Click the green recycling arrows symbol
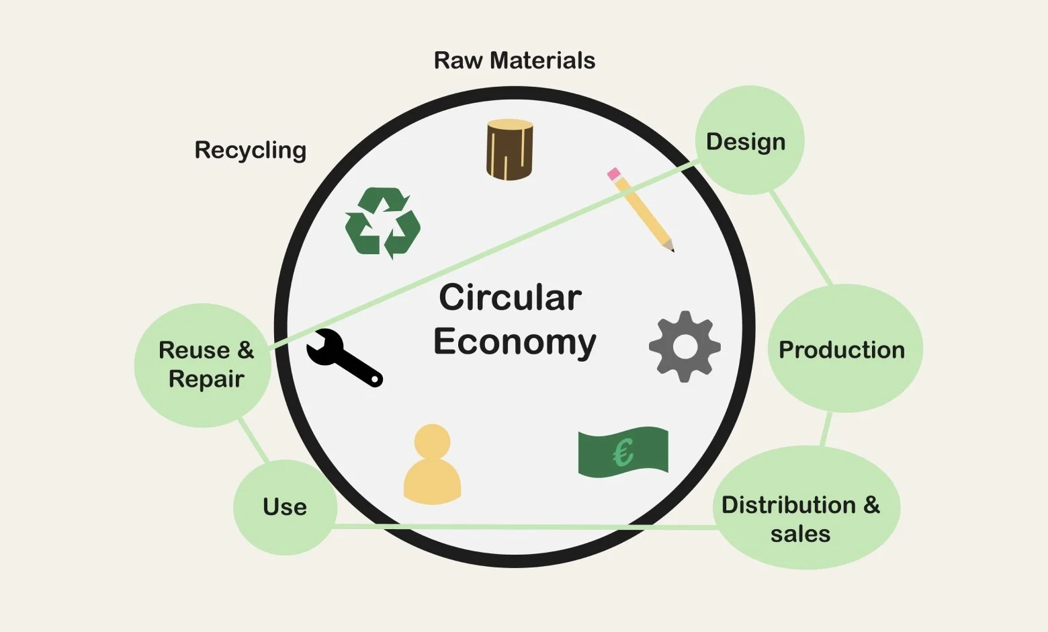click(x=382, y=223)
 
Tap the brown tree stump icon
click(x=509, y=149)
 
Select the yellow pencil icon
click(x=642, y=210)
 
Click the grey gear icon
click(x=685, y=346)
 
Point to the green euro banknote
click(x=623, y=452)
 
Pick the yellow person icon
click(x=432, y=465)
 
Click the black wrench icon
click(x=343, y=358)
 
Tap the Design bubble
click(x=748, y=141)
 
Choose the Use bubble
click(x=285, y=507)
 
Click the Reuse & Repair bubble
click(x=204, y=364)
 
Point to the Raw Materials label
click(x=515, y=61)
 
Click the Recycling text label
click(x=250, y=150)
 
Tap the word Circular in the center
click(x=510, y=297)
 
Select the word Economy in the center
click(x=515, y=342)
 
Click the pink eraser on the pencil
click(x=614, y=173)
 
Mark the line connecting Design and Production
click(x=801, y=238)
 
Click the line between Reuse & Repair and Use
click(x=253, y=440)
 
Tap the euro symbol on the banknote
click(x=623, y=452)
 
